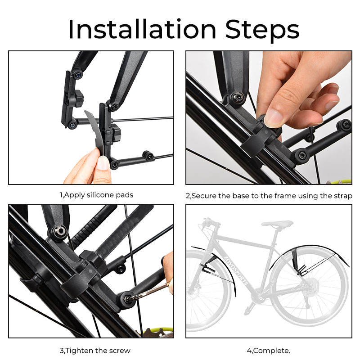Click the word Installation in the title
point(142,29)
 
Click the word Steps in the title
point(262,31)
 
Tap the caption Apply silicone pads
point(99,195)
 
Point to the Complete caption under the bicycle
point(269,351)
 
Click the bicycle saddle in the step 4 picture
point(277,224)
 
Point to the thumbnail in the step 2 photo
point(274,117)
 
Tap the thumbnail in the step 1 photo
point(103,162)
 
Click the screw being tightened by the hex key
point(127,299)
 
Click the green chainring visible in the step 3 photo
point(158,332)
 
